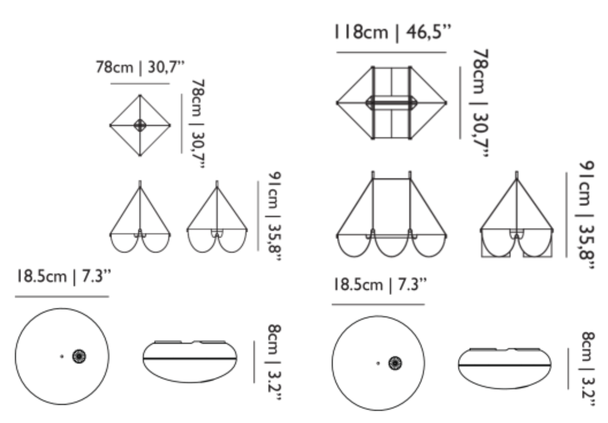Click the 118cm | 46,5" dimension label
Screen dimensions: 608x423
coord(393,32)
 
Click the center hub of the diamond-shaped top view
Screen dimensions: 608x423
coord(140,125)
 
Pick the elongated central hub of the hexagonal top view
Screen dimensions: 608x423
coord(392,102)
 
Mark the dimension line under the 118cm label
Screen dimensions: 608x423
coord(392,52)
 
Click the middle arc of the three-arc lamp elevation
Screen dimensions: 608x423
coord(392,256)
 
